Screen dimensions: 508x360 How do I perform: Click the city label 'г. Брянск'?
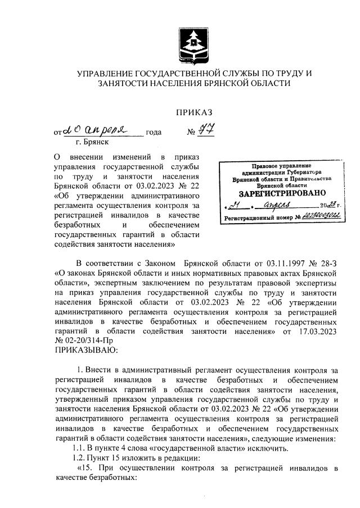[x=83, y=143]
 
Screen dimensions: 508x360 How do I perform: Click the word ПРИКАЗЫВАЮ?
[x=85, y=350]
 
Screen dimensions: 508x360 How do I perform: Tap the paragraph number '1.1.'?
[x=79, y=448]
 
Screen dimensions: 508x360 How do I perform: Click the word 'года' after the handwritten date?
[x=154, y=133]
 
